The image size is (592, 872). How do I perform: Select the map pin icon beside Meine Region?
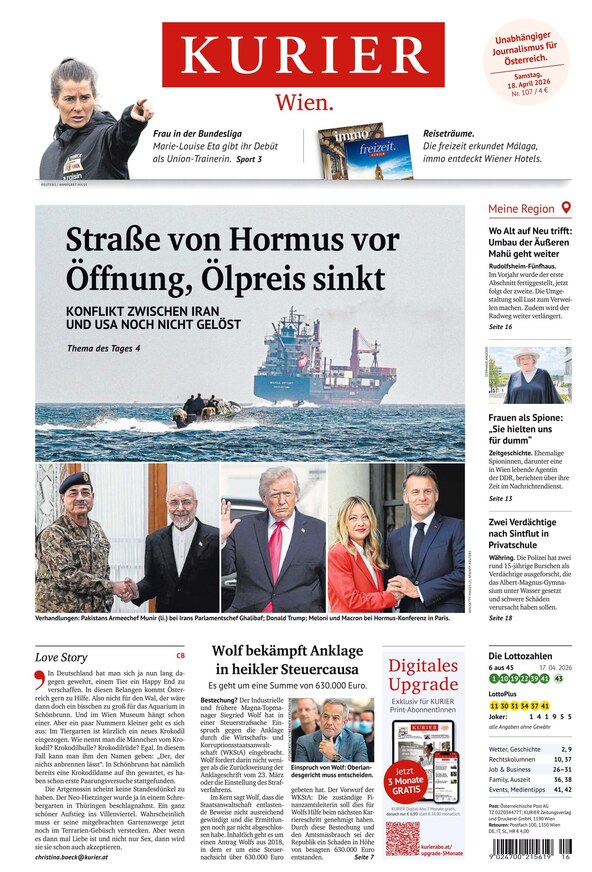coord(566,208)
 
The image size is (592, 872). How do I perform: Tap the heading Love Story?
coord(61,657)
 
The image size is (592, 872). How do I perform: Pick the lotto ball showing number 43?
coord(558,679)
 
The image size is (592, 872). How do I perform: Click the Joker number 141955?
coord(551,716)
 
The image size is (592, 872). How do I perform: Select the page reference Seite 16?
coord(500,327)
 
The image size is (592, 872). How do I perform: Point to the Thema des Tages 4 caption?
coord(104,348)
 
